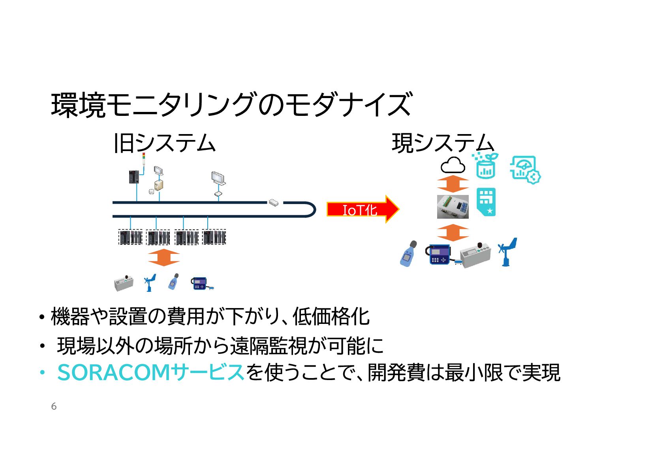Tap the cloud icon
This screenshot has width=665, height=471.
pyautogui.click(x=453, y=166)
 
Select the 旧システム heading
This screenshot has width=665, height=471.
pyautogui.click(x=164, y=143)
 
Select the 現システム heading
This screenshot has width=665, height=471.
pyautogui.click(x=443, y=143)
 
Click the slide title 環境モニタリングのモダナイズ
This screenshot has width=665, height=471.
pyautogui.click(x=232, y=105)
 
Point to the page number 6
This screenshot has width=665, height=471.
pyautogui.click(x=54, y=407)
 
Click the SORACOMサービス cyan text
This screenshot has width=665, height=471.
pyautogui.click(x=151, y=373)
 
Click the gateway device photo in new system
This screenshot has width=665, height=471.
pyautogui.click(x=453, y=207)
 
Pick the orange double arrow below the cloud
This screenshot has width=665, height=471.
pyautogui.click(x=453, y=184)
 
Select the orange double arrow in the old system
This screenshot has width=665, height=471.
pyautogui.click(x=163, y=258)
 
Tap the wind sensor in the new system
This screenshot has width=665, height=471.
pyautogui.click(x=507, y=252)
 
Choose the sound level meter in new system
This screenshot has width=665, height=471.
pyautogui.click(x=409, y=254)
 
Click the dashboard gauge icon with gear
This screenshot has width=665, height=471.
pyautogui.click(x=525, y=170)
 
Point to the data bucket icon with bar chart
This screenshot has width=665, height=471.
pyautogui.click(x=485, y=166)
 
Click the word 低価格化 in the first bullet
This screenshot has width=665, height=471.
pyautogui.click(x=331, y=317)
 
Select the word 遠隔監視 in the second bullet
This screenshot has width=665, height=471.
pyautogui.click(x=269, y=346)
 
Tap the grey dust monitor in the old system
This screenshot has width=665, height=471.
pyautogui.click(x=124, y=283)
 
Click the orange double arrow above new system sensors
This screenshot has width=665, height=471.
pyautogui.click(x=453, y=233)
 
